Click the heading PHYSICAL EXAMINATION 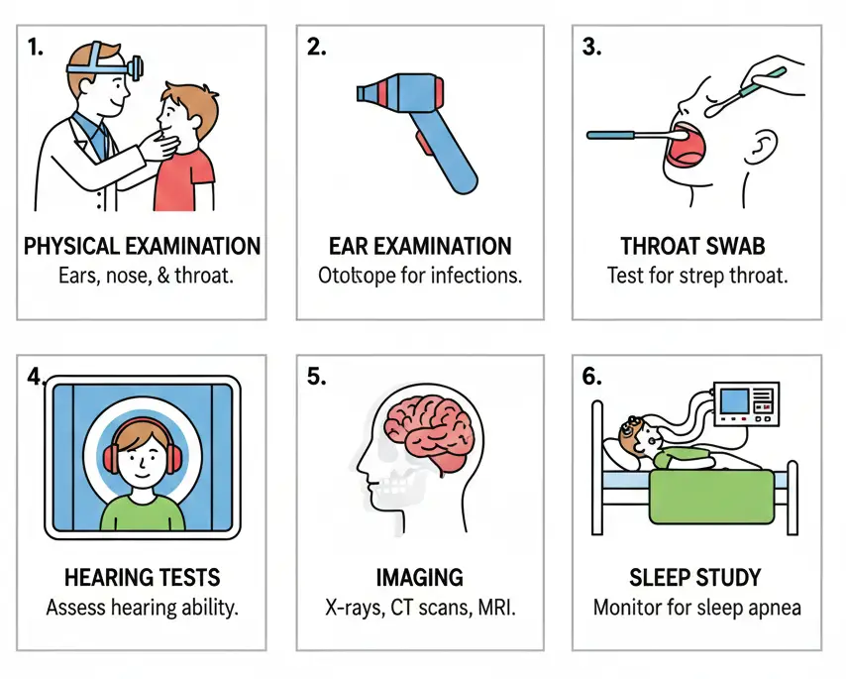[x=142, y=246]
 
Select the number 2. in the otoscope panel [x=316, y=48]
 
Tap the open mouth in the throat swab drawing [x=686, y=146]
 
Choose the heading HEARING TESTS [x=142, y=578]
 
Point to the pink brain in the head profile [x=430, y=432]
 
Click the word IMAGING [x=420, y=578]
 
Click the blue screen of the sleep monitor [x=735, y=400]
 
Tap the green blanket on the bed [x=712, y=497]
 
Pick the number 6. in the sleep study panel [x=591, y=377]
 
